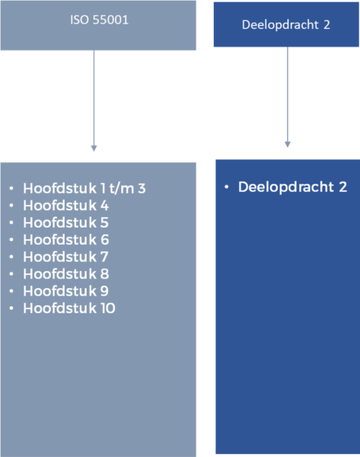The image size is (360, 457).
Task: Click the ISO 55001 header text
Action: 99,20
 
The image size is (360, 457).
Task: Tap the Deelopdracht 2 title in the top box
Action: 285,25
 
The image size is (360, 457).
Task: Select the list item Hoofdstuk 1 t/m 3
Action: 84,188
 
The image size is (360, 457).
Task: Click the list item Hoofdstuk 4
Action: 65,206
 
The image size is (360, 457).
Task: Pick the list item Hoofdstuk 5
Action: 65,222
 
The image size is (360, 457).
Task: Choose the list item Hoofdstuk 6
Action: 65,240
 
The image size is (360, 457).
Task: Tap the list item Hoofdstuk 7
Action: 65,257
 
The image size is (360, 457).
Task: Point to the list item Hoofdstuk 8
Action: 65,274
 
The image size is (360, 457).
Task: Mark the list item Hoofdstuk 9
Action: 65,291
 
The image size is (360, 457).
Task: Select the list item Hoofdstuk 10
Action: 69,308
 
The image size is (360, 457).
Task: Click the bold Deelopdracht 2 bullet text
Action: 292,187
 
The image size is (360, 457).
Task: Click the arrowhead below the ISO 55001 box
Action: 94,149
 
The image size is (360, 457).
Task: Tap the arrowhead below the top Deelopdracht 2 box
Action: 288,145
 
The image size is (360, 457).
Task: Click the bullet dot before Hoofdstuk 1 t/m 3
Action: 11,188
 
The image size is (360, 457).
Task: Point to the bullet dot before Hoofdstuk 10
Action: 11,308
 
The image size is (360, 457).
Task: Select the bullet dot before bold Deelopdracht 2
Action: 226,187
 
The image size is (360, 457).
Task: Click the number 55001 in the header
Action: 110,20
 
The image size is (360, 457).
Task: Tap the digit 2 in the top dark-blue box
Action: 327,25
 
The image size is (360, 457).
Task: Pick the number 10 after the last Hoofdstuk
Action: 108,308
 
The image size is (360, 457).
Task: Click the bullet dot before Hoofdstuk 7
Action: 11,257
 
